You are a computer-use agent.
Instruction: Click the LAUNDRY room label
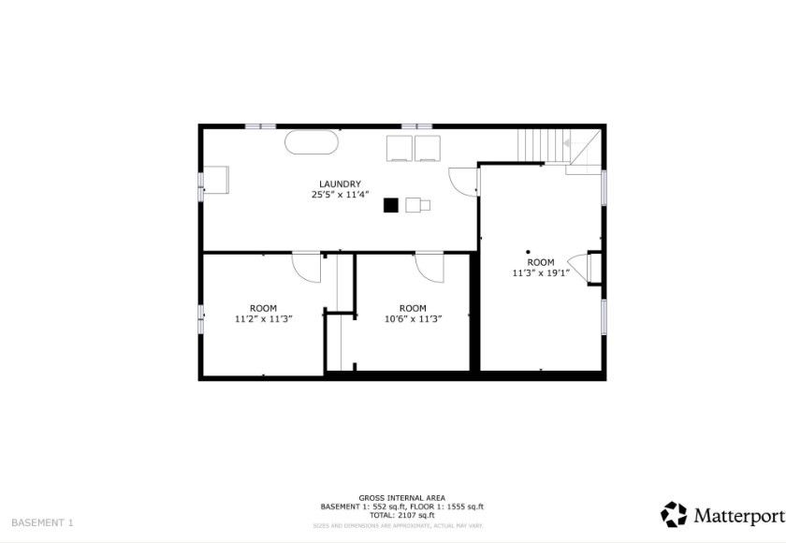click(341, 184)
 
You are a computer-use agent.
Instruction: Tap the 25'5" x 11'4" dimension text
click(341, 195)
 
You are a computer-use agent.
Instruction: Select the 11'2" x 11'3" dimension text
click(263, 319)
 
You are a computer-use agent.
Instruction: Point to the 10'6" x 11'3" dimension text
click(413, 319)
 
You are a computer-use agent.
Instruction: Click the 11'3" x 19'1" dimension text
click(541, 273)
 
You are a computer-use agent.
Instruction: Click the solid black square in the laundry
click(390, 205)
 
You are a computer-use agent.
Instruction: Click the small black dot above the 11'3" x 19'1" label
click(528, 251)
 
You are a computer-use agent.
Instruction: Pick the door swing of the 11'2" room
click(306, 266)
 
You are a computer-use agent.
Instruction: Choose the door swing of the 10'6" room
click(430, 266)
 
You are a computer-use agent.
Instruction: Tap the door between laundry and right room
click(463, 180)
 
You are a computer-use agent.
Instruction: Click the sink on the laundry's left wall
click(215, 180)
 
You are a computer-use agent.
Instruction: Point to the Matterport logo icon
click(674, 514)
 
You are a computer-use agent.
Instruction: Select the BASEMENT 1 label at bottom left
click(42, 522)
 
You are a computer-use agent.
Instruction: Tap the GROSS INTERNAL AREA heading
click(401, 498)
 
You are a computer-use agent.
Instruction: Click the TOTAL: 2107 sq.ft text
click(401, 515)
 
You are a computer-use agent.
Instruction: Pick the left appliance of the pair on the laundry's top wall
click(400, 148)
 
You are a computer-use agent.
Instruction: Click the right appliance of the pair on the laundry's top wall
click(428, 148)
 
